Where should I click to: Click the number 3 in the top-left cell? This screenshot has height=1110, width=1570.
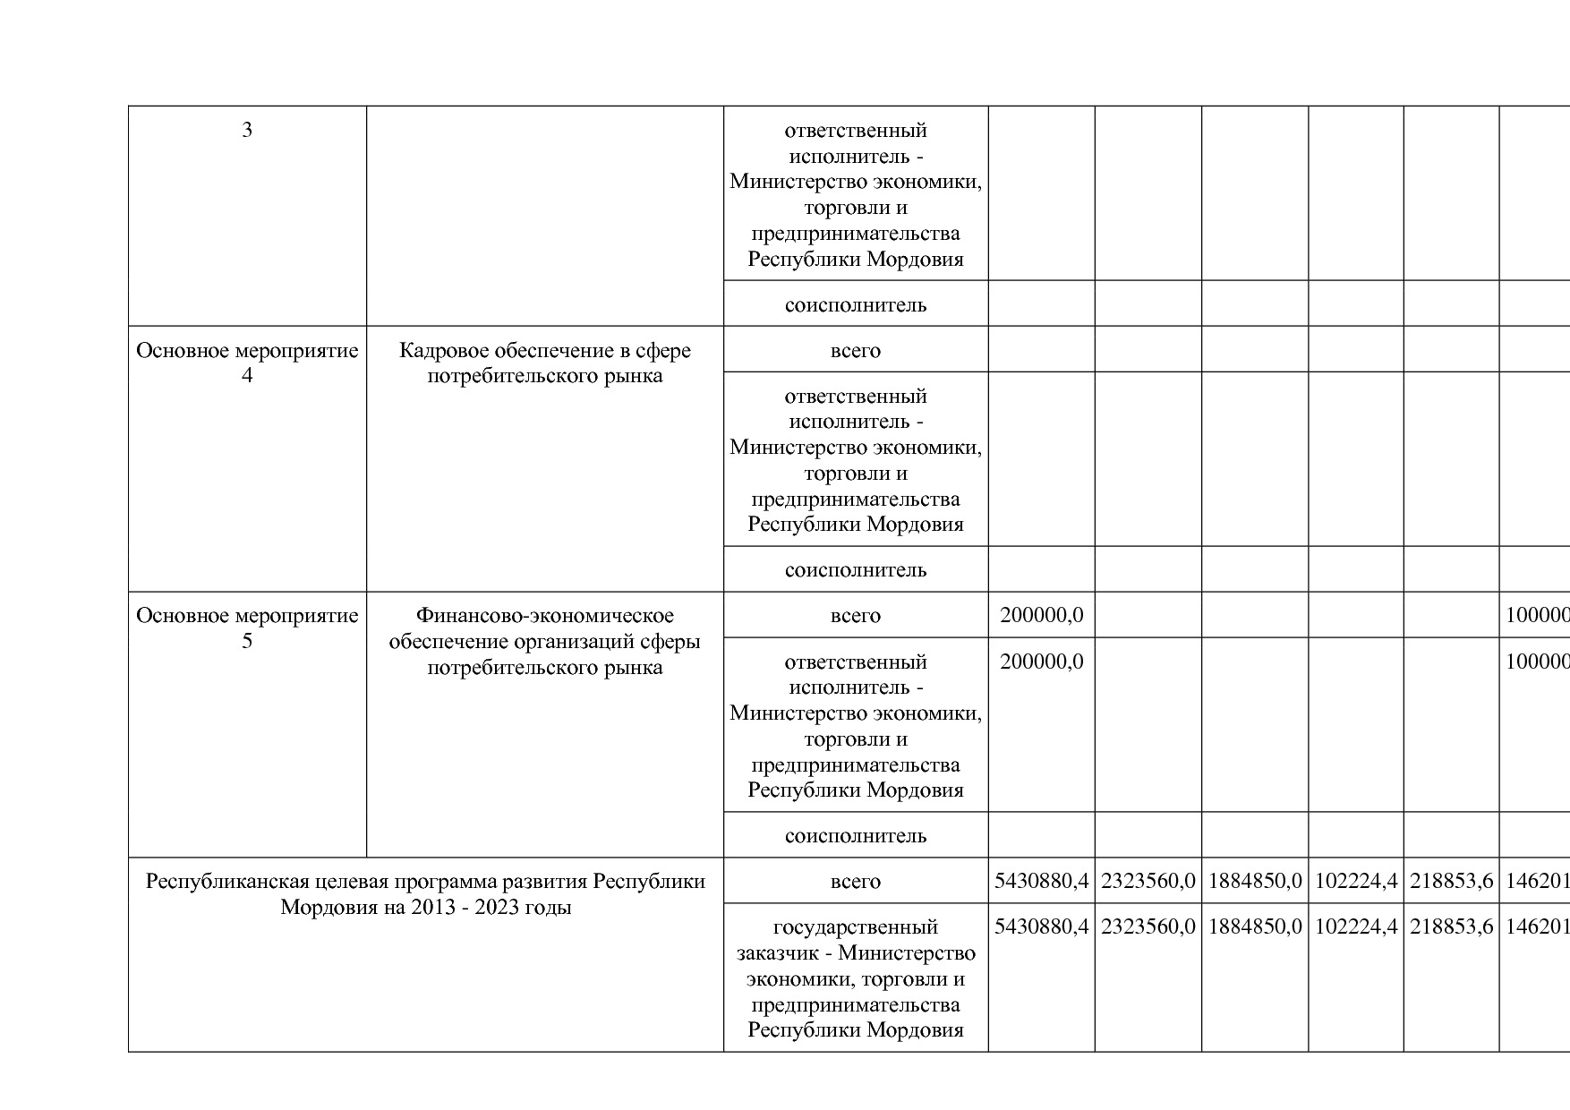tap(247, 131)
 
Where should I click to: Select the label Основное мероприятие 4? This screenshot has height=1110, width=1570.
tap(247, 363)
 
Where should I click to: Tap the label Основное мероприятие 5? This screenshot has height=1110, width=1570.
tap(247, 628)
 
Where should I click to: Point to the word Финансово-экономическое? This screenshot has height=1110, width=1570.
tap(544, 616)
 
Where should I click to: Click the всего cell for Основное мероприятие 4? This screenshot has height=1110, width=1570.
tap(855, 350)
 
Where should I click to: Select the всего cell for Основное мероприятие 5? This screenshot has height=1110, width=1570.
tap(855, 616)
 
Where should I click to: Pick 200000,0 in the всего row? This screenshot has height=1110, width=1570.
tap(1041, 616)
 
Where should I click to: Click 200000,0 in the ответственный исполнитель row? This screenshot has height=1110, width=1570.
tap(1041, 662)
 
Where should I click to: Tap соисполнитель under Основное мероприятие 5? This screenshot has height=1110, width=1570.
tap(855, 836)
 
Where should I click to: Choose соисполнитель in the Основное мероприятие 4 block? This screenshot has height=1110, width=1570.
tap(855, 570)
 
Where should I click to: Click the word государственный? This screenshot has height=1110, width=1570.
tap(855, 927)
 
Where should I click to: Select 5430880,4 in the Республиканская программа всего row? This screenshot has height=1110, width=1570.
tap(1041, 882)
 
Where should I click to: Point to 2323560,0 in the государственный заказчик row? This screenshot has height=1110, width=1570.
tap(1148, 927)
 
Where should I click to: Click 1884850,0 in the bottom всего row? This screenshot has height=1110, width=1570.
tap(1255, 882)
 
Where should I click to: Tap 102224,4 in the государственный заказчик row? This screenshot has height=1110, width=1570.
tap(1356, 927)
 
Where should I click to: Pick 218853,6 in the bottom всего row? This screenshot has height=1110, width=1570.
tap(1451, 882)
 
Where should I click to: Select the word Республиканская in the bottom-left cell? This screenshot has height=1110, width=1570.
tap(215, 882)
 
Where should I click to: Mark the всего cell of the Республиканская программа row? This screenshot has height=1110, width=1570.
tap(855, 882)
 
